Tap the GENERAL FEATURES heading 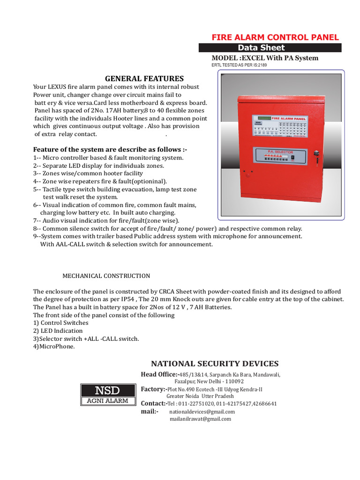144,78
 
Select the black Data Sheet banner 270,47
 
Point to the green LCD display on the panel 262,118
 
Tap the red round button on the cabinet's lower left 250,172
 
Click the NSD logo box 107,390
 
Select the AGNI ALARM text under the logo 107,401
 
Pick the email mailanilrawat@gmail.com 200,419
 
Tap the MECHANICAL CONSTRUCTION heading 106,276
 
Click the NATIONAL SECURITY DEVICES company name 215,364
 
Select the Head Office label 159,374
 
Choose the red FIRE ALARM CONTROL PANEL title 275,37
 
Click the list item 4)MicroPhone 54,346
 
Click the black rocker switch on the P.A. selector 292,158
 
